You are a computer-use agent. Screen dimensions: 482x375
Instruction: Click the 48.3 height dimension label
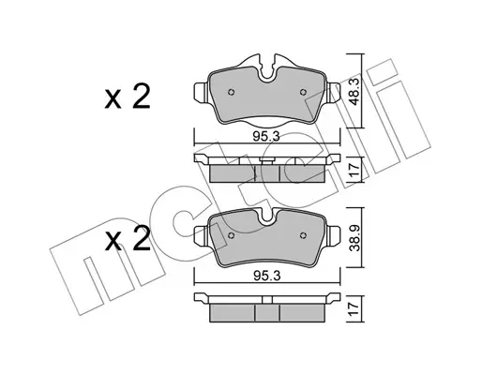(354, 91)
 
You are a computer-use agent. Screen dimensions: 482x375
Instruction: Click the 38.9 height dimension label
(354, 237)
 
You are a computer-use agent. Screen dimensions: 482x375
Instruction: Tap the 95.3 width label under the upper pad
(266, 137)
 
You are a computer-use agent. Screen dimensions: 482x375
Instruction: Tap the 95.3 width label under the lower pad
(266, 276)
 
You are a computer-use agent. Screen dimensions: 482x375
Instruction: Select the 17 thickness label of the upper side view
(354, 169)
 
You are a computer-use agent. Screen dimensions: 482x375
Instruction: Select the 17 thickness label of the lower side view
(354, 309)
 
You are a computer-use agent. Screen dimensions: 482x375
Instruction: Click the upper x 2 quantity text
(128, 97)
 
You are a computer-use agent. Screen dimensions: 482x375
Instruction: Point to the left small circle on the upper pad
(231, 92)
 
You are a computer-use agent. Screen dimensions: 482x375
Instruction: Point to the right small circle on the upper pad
(303, 92)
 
